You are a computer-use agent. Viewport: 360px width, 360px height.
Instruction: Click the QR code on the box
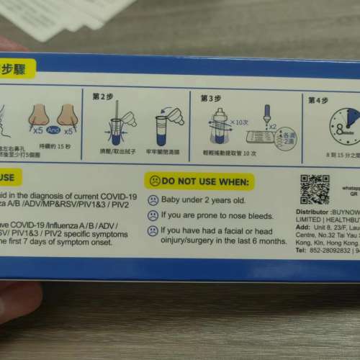(x=314, y=189)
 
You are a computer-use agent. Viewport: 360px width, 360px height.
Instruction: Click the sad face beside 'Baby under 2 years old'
(x=153, y=199)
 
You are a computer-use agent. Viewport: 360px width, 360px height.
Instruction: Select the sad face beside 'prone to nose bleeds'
(x=153, y=215)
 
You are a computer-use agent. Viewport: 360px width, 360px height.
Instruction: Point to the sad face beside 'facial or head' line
(x=153, y=231)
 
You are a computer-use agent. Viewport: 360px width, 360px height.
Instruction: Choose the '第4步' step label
(x=318, y=99)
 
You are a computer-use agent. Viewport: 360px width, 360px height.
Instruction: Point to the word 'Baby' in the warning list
(x=173, y=199)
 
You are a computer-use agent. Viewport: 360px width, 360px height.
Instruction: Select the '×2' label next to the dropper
(x=272, y=126)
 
